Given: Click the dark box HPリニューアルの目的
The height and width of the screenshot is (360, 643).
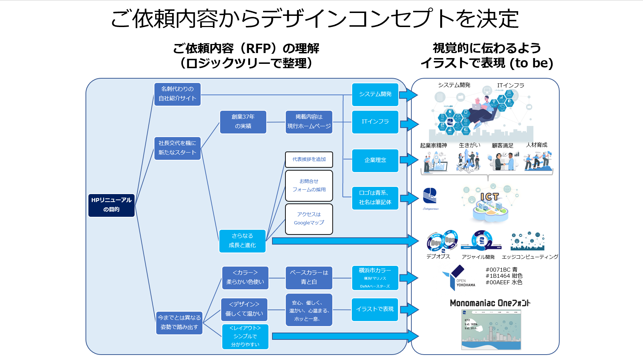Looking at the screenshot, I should [x=111, y=205].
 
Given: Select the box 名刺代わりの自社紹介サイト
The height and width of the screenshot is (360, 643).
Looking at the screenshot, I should [x=177, y=94].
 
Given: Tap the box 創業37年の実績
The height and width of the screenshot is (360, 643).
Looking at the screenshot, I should [x=243, y=122].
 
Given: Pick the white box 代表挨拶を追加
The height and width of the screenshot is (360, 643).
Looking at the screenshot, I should [x=309, y=159].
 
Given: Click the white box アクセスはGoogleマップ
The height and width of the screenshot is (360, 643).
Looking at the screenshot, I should [x=309, y=219].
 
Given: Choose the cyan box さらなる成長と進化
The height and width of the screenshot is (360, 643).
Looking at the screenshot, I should [x=242, y=241].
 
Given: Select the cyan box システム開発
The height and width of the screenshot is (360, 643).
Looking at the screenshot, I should [x=375, y=94].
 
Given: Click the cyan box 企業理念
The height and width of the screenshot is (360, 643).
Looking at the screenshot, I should [x=375, y=160].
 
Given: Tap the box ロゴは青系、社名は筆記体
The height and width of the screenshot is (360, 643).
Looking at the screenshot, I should [x=375, y=198].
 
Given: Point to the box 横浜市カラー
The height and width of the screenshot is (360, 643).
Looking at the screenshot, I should [x=375, y=278].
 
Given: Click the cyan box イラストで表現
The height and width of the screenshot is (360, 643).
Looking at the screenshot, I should [x=375, y=309].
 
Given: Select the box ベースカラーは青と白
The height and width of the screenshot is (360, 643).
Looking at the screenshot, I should [x=309, y=277].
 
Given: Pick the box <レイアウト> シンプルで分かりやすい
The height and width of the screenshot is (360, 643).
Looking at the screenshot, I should [x=245, y=336].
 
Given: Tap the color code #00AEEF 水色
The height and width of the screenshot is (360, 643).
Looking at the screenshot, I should [x=504, y=282].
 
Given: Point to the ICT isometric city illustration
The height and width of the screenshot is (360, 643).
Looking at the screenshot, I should [x=490, y=204].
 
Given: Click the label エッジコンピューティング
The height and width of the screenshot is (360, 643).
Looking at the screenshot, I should [x=530, y=257].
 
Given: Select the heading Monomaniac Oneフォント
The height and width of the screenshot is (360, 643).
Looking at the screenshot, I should [x=490, y=303].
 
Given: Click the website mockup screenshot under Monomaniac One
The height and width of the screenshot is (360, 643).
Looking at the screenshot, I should [x=491, y=329].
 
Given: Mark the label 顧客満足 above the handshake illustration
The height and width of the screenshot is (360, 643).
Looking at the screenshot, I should [x=502, y=146].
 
